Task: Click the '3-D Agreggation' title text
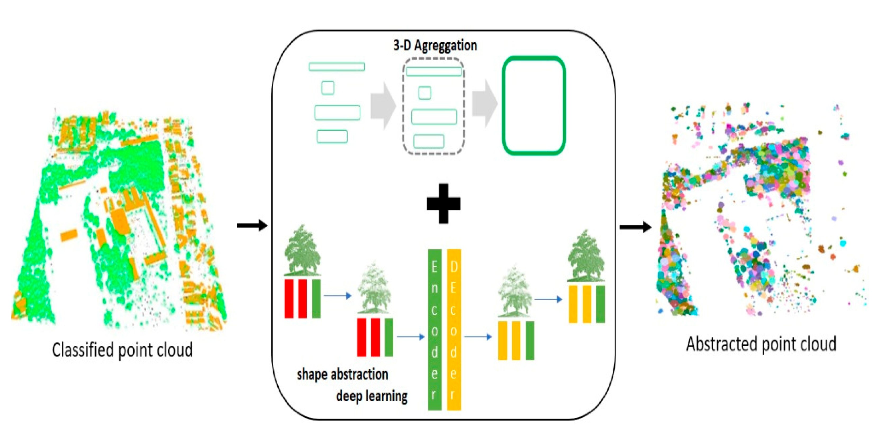click(x=435, y=45)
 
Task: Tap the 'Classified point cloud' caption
click(x=122, y=350)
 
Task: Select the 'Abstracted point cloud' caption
click(x=761, y=344)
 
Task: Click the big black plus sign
click(x=444, y=203)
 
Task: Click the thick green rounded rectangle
click(x=533, y=106)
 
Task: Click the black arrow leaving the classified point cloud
click(x=252, y=225)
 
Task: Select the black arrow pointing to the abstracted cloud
click(x=635, y=227)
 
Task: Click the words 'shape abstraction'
click(x=342, y=374)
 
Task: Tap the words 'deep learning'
click(x=372, y=396)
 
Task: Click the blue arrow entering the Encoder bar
click(x=410, y=337)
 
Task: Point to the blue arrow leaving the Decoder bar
click(x=478, y=337)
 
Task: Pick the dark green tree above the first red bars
click(x=302, y=250)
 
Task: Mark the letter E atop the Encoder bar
click(x=434, y=267)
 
